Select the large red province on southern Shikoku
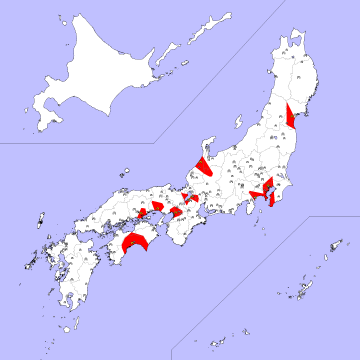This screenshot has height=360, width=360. click(x=134, y=241)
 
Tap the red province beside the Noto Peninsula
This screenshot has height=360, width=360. click(x=203, y=165)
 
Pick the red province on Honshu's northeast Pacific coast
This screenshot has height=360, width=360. click(x=290, y=116)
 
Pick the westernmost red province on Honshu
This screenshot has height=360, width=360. click(x=143, y=209)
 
